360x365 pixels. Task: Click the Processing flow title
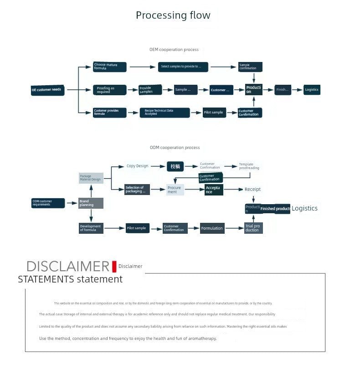click(173, 15)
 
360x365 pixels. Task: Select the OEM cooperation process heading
click(174, 49)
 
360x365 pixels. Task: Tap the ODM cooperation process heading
click(175, 148)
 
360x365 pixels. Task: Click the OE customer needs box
click(47, 89)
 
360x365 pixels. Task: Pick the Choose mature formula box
click(109, 67)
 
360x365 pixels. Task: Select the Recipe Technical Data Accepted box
click(165, 113)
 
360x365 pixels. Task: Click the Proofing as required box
click(109, 90)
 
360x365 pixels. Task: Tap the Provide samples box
click(150, 90)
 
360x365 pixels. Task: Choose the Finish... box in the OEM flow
click(283, 89)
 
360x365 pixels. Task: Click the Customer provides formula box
click(109, 112)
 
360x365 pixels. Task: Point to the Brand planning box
click(91, 203)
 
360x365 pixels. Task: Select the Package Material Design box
click(91, 178)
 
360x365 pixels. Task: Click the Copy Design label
click(137, 166)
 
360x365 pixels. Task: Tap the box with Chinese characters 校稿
click(175, 166)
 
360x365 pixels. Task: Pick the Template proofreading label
click(249, 166)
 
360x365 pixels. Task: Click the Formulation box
click(212, 228)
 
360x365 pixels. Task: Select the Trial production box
click(253, 228)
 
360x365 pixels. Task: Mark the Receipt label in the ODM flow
click(252, 189)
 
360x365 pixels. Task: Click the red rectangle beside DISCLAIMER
click(114, 266)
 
